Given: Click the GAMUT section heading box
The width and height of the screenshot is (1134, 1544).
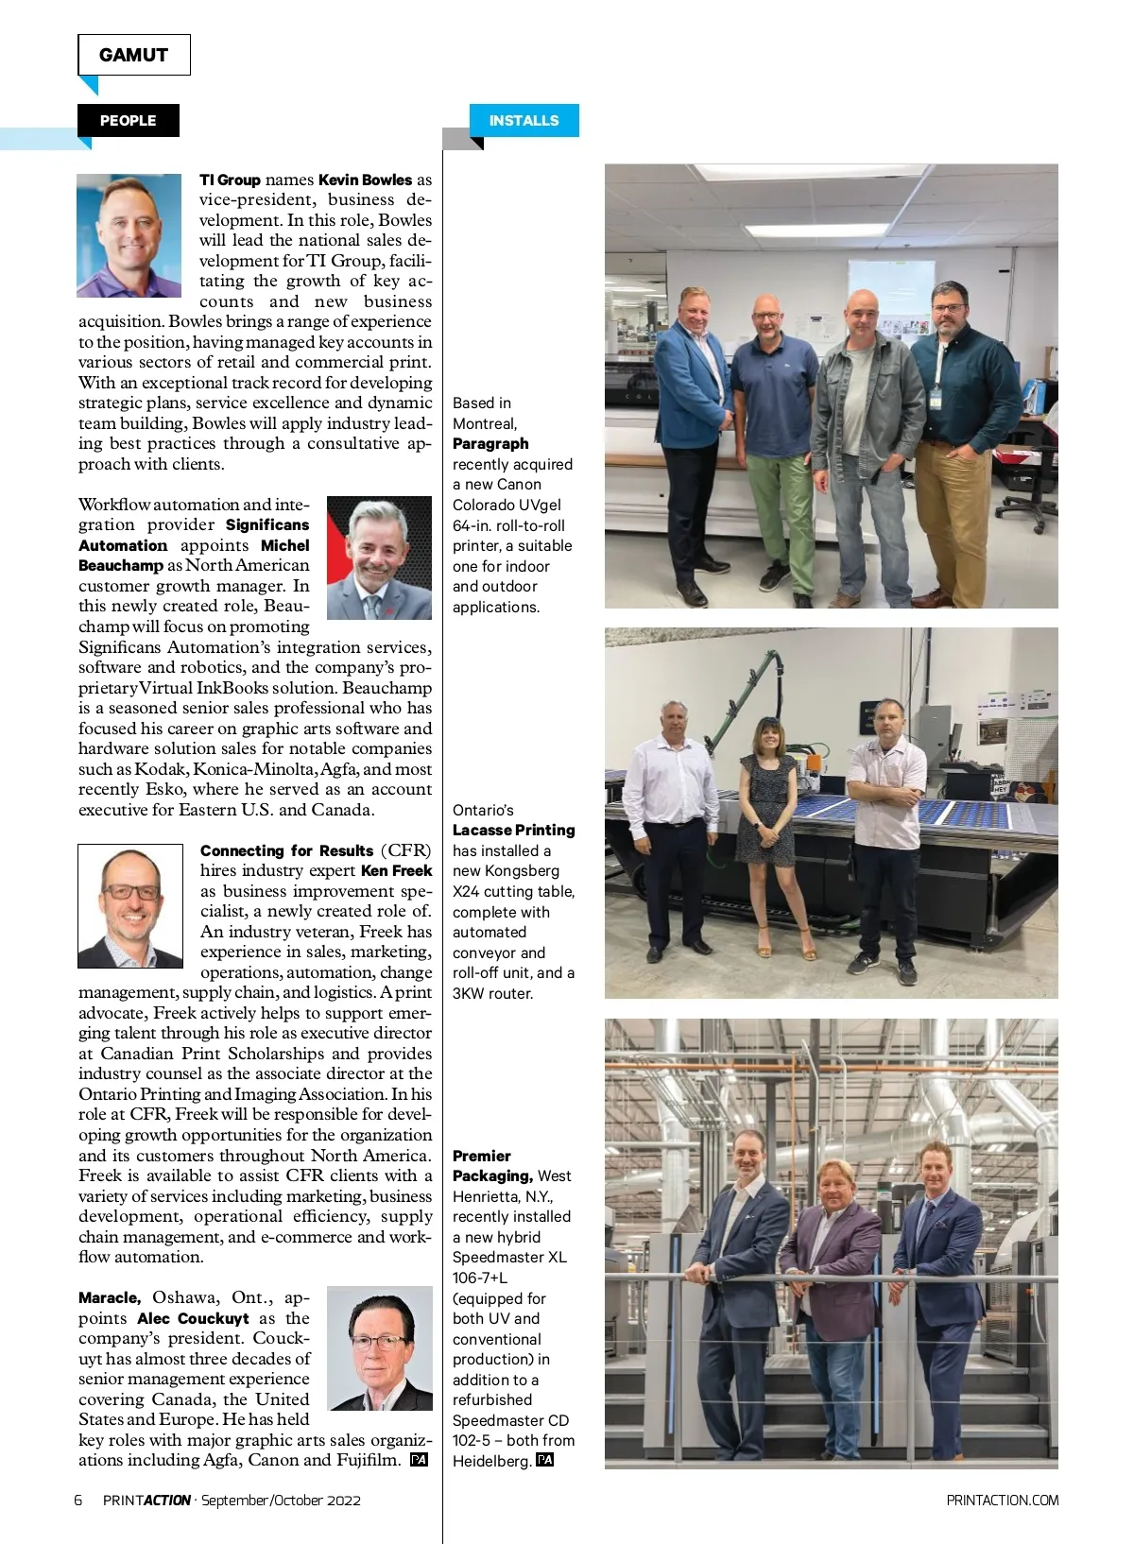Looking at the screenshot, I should click(133, 55).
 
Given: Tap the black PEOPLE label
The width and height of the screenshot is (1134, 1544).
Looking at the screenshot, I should click(128, 121).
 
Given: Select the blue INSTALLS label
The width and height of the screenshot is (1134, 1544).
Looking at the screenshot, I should click(524, 121).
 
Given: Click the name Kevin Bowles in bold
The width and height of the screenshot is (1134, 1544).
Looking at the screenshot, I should click(365, 180).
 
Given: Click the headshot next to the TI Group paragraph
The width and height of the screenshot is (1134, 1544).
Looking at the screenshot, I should click(129, 235).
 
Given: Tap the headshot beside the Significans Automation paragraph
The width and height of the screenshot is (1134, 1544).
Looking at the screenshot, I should click(379, 558).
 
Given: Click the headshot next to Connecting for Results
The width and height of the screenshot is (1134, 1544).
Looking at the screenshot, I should click(130, 905).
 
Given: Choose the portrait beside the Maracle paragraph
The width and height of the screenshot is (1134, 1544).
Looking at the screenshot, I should click(379, 1347).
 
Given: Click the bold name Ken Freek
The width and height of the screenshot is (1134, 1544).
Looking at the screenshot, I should click(396, 870).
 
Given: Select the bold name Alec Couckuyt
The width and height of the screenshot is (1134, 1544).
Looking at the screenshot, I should click(193, 1318).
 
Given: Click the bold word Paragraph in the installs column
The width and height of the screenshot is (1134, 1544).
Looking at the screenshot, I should click(490, 443).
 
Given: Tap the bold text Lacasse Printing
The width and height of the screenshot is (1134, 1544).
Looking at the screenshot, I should click(513, 830).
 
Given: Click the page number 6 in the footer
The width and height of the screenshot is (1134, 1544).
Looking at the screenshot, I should click(78, 1500).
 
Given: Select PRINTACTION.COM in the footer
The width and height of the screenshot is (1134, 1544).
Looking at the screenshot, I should click(1002, 1500).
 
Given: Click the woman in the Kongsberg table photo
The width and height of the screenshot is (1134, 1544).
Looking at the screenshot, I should click(767, 832).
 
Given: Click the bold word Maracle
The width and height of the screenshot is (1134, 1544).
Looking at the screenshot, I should click(110, 1297).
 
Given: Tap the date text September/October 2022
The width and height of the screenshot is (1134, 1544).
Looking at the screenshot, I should click(281, 1500).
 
